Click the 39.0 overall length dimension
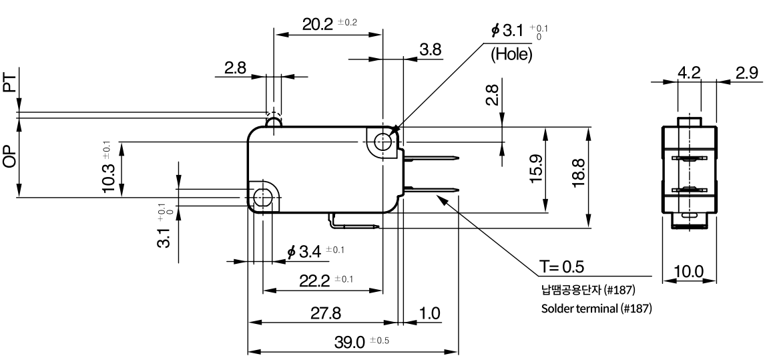pyautogui.click(x=349, y=343)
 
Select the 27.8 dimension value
pyautogui.click(x=326, y=313)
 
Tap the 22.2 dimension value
pyautogui.click(x=314, y=281)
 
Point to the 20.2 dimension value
pyautogui.click(x=317, y=24)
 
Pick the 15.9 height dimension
pyautogui.click(x=537, y=168)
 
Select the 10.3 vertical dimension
pyautogui.click(x=108, y=177)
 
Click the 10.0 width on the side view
pyautogui.click(x=689, y=271)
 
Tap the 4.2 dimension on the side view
pyautogui.click(x=689, y=73)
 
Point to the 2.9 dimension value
pyautogui.click(x=746, y=73)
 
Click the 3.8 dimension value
pyautogui.click(x=430, y=49)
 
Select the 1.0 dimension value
pyautogui.click(x=430, y=313)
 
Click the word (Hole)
pyautogui.click(x=511, y=54)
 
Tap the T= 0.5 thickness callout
pyautogui.click(x=562, y=266)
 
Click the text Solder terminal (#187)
pyautogui.click(x=596, y=309)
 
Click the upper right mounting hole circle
pyautogui.click(x=382, y=142)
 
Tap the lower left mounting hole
pyautogui.click(x=264, y=198)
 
